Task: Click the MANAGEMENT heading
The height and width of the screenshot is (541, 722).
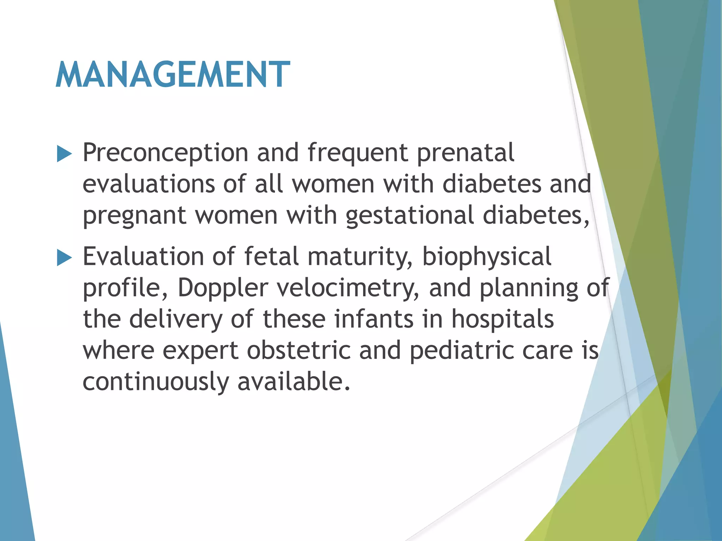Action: [x=173, y=75]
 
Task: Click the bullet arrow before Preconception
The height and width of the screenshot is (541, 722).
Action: [x=64, y=154]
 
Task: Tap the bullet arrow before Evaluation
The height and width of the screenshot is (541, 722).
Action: [x=64, y=258]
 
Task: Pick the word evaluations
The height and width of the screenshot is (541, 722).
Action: [x=148, y=185]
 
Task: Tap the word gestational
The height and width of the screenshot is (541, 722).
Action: [x=409, y=216]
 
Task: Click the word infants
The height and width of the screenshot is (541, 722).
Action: [x=374, y=319]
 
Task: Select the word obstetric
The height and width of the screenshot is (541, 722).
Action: [x=299, y=351]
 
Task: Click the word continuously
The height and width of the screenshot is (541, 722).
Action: [x=155, y=382]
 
